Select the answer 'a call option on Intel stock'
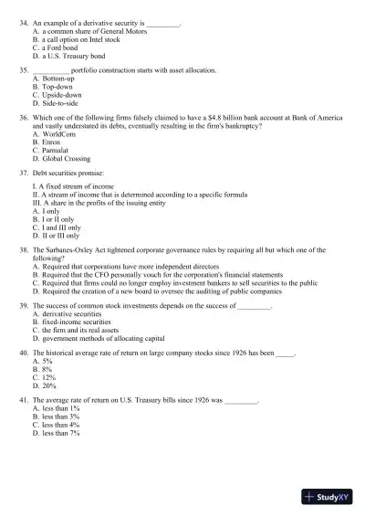tap(80, 39)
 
